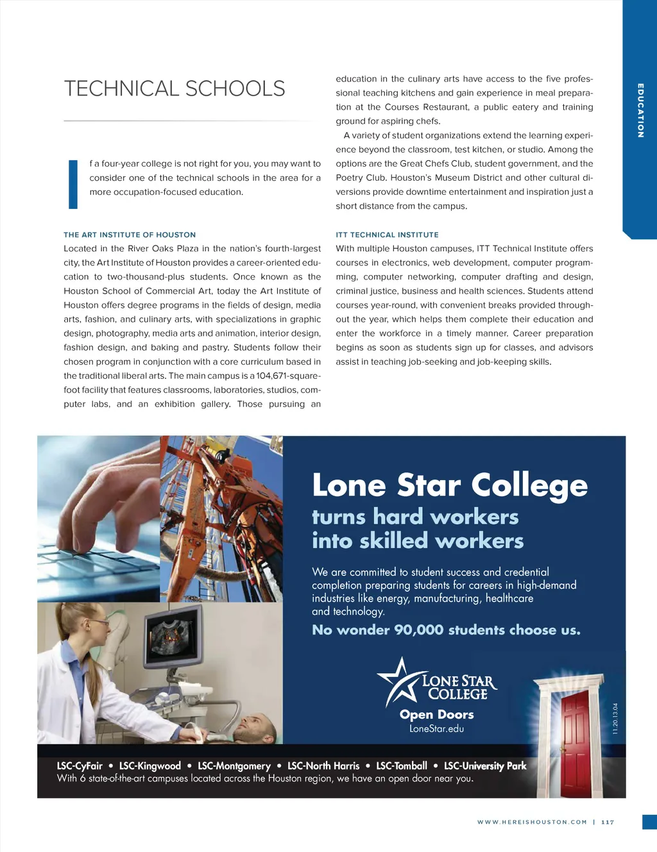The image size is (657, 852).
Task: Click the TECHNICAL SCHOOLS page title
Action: pyautogui.click(x=175, y=88)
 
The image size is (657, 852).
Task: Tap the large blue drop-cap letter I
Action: pyautogui.click(x=73, y=185)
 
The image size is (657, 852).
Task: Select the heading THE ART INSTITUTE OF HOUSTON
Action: pyautogui.click(x=130, y=235)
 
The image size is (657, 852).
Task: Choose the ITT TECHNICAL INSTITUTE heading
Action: pyautogui.click(x=387, y=235)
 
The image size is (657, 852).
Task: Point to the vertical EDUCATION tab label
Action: pyautogui.click(x=640, y=110)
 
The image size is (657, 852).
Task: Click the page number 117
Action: pyautogui.click(x=608, y=822)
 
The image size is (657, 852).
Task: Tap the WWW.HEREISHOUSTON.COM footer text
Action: pyautogui.click(x=532, y=822)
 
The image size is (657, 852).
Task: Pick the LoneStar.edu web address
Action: pyautogui.click(x=436, y=729)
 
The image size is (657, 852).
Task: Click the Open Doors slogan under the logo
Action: pyautogui.click(x=436, y=714)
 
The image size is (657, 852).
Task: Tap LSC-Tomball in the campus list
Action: pyautogui.click(x=402, y=765)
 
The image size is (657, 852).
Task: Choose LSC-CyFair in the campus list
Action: pyautogui.click(x=80, y=765)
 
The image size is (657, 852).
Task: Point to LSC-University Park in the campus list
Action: pyautogui.click(x=485, y=765)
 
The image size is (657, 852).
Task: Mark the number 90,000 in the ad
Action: pyautogui.click(x=418, y=630)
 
